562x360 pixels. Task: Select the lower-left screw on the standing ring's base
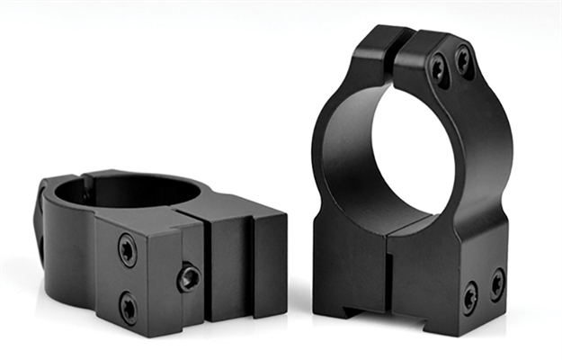coord(469,296)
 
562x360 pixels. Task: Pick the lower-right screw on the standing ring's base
coord(496,283)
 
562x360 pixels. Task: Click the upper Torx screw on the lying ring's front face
coord(128,249)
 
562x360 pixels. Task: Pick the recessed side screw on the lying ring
coord(189,277)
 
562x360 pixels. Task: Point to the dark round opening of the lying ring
coord(126,191)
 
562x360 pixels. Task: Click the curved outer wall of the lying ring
coord(67,252)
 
